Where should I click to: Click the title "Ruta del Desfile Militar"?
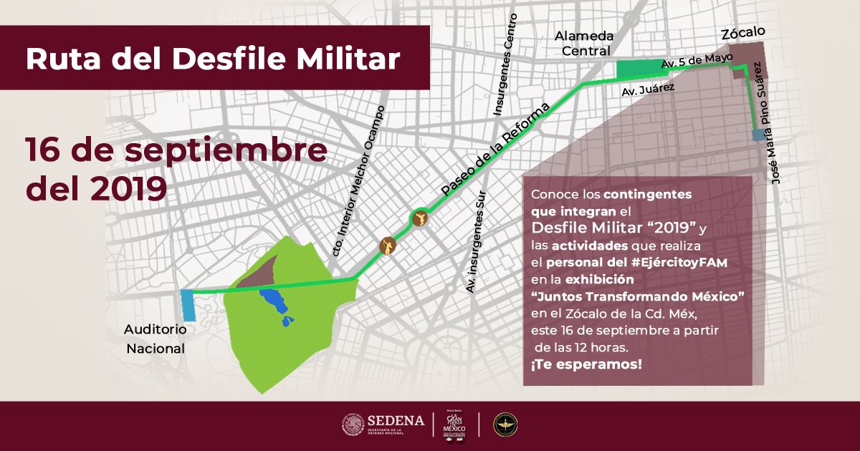(x=213, y=59)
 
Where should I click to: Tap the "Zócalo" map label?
(x=742, y=32)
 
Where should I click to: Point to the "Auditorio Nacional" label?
(x=155, y=339)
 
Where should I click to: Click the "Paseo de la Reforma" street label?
(x=495, y=149)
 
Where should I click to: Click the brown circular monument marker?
(x=387, y=246)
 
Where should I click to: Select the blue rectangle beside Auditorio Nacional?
(x=188, y=306)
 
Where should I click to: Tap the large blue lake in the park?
(x=273, y=301)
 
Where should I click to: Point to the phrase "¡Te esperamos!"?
(x=586, y=364)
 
